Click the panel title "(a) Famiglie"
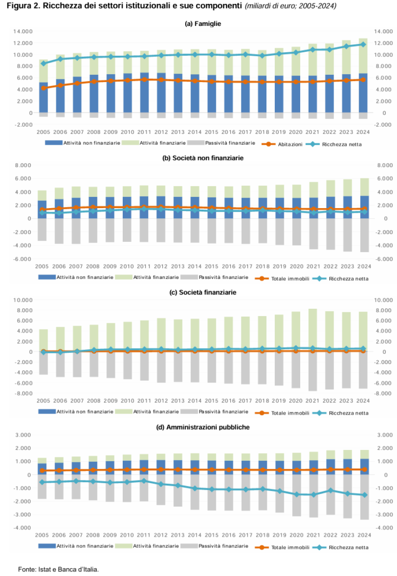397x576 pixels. (203, 24)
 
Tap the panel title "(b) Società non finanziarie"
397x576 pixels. (203, 158)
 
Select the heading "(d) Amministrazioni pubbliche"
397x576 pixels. (203, 427)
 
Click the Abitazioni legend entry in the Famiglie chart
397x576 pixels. (282, 145)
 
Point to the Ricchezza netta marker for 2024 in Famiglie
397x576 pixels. (363, 44)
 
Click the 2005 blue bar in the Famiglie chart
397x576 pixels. (43, 97)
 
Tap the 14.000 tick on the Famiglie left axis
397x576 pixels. (23, 31)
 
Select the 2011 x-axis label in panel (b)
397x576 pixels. (144, 266)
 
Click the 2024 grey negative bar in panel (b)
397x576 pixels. (364, 235)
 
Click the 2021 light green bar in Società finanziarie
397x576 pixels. (313, 330)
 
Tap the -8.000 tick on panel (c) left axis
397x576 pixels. (23, 393)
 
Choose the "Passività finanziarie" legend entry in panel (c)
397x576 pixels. (215, 411)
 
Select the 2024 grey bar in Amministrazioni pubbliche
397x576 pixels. (364, 497)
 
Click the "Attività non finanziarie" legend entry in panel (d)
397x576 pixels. (75, 546)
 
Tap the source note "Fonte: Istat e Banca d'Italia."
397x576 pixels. (59, 569)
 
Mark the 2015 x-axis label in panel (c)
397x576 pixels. (211, 400)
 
